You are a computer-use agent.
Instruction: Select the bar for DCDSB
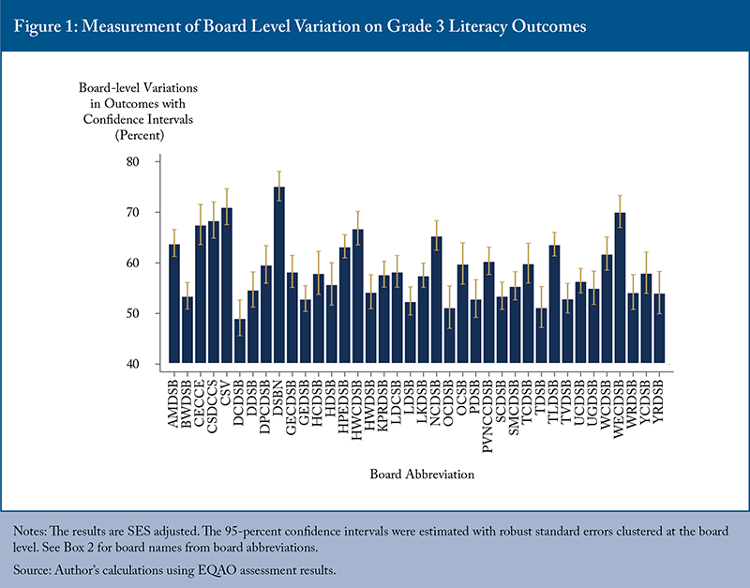click(x=240, y=341)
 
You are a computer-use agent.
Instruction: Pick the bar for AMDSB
click(x=174, y=304)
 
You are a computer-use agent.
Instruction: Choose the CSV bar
click(x=227, y=286)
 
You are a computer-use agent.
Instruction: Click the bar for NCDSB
click(x=437, y=300)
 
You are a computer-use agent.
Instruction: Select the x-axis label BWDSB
click(x=187, y=398)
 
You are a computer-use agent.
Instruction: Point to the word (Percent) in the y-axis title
click(x=139, y=136)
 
